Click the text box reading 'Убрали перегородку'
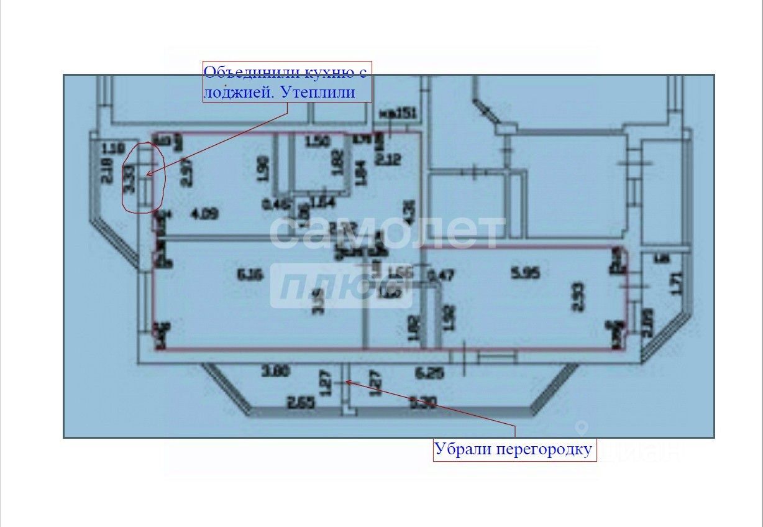click(x=514, y=449)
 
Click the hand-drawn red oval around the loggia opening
click(x=143, y=178)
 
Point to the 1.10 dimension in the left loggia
click(x=111, y=149)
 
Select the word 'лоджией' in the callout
click(x=238, y=93)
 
